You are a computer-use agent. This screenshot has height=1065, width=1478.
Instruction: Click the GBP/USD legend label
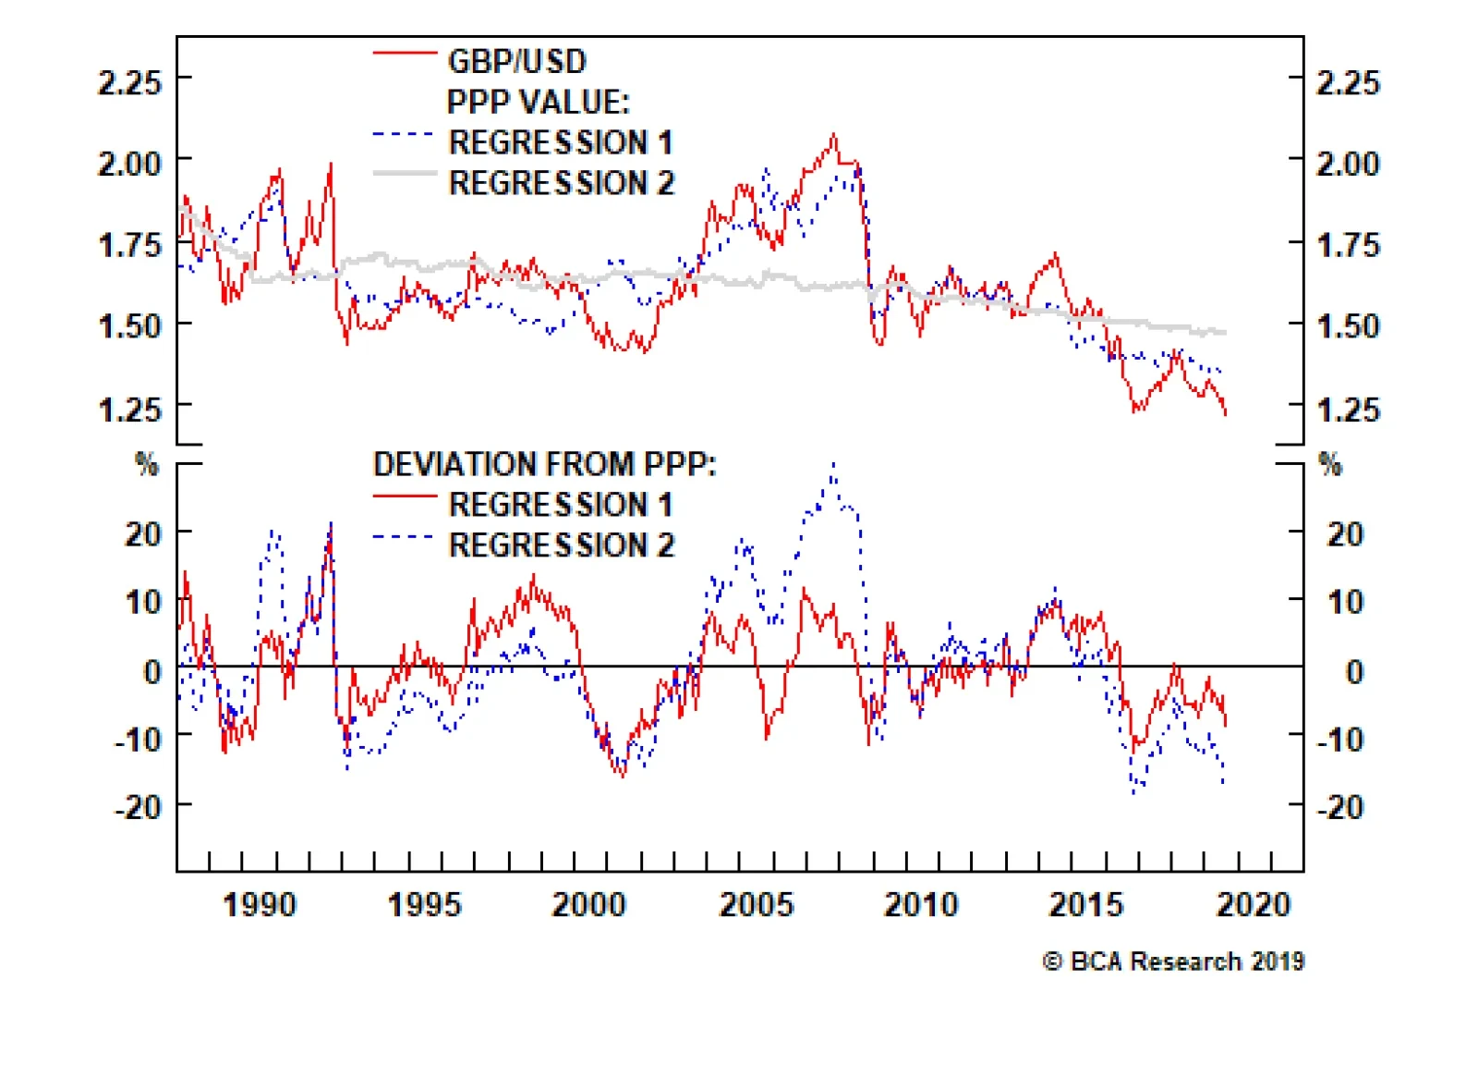point(516,62)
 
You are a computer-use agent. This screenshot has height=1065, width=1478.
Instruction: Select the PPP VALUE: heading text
point(538,102)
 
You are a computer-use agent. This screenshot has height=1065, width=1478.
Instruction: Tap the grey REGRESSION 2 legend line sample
point(405,174)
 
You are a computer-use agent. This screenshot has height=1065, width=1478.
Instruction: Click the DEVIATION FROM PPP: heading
point(544,464)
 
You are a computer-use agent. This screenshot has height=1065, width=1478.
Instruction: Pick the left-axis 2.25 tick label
point(129,83)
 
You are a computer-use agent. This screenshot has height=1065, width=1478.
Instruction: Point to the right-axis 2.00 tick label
point(1348,165)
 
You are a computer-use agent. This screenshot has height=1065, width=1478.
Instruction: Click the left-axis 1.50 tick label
point(129,326)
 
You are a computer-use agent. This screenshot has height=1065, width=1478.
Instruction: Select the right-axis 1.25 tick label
point(1348,409)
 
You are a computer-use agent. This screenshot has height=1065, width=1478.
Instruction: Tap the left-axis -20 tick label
point(138,808)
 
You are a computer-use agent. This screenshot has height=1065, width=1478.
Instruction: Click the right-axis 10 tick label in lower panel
point(1345,603)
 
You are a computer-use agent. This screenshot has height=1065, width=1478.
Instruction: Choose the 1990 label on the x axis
point(260,904)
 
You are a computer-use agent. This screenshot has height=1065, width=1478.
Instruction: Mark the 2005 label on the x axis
point(756,904)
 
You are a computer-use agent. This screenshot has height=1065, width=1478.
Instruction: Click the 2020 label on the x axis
point(1253,904)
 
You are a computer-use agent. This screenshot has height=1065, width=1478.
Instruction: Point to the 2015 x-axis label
point(1086,904)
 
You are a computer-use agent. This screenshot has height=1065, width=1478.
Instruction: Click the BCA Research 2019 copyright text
point(1173,961)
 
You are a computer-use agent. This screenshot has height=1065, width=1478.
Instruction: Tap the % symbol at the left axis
point(147,464)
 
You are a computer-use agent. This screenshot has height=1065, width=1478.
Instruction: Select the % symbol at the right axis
point(1330,464)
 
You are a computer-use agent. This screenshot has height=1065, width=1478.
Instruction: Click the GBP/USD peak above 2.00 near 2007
point(834,136)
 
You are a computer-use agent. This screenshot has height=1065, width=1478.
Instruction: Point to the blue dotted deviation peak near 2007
point(833,465)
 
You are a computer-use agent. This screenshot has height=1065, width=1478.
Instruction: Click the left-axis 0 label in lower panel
point(152,672)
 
